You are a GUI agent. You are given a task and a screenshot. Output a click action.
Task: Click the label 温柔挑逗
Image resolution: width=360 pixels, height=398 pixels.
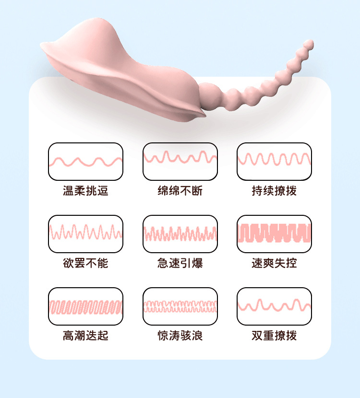[85, 191]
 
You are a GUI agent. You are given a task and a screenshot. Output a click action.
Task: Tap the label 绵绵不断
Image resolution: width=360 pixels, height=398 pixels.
[180, 191]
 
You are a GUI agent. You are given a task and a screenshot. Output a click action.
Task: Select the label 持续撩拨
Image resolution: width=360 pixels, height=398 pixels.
[274, 191]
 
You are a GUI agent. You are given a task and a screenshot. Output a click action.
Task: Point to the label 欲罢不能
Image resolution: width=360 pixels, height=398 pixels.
[85, 263]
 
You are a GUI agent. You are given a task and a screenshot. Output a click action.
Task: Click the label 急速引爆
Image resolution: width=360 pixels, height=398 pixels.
[180, 263]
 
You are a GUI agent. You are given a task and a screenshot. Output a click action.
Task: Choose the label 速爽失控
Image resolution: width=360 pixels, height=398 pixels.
[274, 263]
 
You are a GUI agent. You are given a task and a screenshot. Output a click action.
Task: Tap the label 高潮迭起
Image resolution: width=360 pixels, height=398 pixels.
[85, 336]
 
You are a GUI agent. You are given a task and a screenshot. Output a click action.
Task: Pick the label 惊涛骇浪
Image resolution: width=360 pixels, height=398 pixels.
[180, 336]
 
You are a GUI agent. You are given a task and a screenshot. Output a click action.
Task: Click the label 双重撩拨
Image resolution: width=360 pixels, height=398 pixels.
[274, 336]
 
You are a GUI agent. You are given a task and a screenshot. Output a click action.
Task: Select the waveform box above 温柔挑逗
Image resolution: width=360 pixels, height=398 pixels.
[85, 162]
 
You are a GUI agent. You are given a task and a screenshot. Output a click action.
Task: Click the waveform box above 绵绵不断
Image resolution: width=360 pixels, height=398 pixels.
[180, 162]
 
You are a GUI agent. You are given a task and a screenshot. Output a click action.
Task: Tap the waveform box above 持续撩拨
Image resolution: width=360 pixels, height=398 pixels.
[274, 162]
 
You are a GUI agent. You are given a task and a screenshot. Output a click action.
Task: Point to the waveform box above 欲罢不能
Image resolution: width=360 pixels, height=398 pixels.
[85, 234]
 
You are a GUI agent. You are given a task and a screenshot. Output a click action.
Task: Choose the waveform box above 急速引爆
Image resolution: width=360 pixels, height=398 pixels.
[180, 234]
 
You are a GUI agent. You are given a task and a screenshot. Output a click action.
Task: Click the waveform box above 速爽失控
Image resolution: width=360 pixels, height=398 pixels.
[274, 234]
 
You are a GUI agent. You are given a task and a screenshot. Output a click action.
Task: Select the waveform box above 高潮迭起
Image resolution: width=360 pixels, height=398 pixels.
[85, 306]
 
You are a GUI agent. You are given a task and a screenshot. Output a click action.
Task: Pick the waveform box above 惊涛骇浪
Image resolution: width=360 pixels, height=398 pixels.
[180, 306]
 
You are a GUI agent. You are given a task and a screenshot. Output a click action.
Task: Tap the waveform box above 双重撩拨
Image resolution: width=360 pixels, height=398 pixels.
[274, 306]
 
